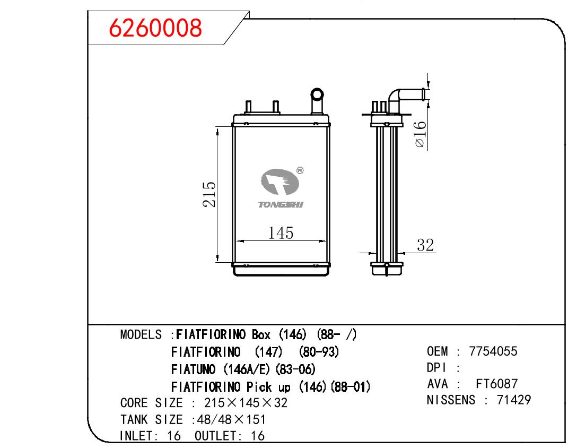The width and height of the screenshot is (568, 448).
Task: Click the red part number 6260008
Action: pos(155,28)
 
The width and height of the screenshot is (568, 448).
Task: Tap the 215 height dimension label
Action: pos(209,194)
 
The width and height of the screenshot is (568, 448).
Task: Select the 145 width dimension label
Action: pos(281,232)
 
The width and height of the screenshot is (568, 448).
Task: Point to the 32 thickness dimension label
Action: pos(425,245)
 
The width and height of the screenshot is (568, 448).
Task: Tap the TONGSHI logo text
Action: pos(281,205)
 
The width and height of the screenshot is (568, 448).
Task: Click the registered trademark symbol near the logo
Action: pos(300,170)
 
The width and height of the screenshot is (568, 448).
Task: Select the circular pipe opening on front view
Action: pos(317,94)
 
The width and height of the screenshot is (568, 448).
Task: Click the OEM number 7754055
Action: pos(493,351)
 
